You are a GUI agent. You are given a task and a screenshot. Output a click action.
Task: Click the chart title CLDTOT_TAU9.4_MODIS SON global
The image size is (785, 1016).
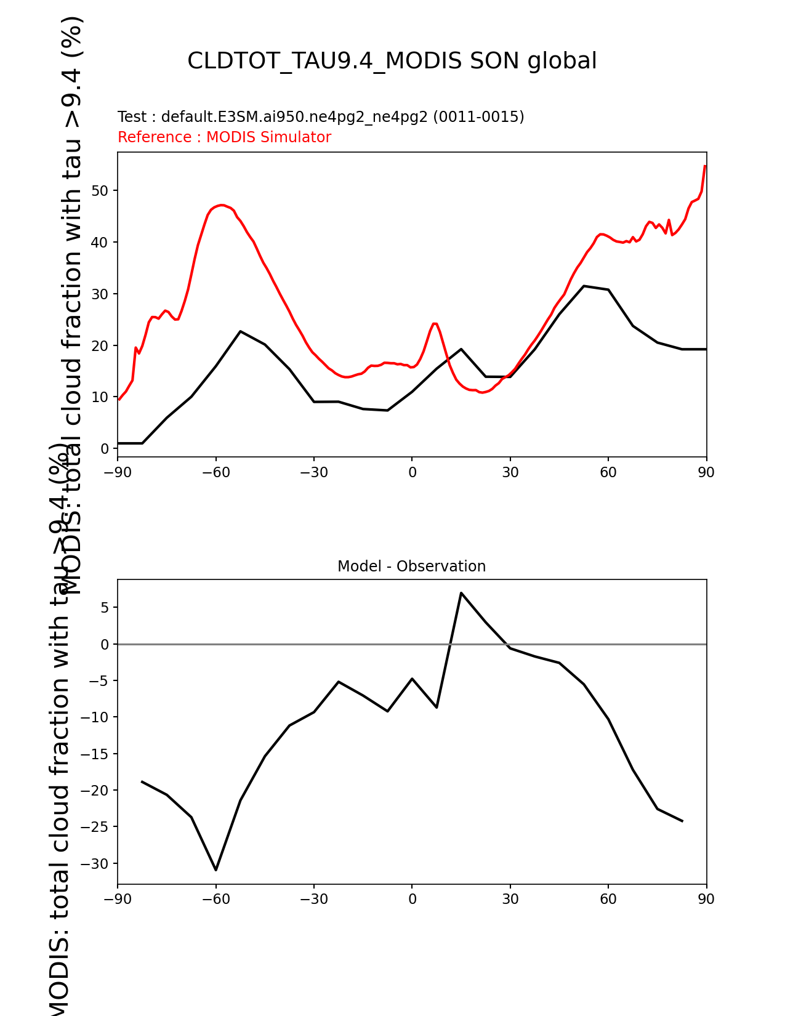(392, 61)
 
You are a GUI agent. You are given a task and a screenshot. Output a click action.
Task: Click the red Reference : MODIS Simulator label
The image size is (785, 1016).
(224, 137)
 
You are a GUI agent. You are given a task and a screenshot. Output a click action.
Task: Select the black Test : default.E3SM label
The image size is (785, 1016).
(320, 117)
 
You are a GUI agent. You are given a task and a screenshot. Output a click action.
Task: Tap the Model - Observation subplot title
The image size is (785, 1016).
(411, 566)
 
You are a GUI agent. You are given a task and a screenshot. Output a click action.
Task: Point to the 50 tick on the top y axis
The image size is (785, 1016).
(100, 190)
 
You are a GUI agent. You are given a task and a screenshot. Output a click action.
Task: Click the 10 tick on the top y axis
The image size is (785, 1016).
(100, 397)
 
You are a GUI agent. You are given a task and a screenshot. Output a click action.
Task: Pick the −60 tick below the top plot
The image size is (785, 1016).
(215, 472)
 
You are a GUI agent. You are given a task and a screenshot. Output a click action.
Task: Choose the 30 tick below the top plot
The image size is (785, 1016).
(510, 472)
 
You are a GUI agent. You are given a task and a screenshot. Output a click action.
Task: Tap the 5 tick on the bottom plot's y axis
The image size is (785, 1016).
(105, 608)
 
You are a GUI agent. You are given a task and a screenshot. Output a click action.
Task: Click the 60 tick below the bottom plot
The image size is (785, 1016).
(608, 899)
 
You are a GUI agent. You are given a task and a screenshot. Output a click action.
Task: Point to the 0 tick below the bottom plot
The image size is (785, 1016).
(412, 899)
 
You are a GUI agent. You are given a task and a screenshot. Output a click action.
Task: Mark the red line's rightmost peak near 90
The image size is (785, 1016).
(705, 166)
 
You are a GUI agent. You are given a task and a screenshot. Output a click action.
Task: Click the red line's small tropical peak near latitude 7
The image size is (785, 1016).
(435, 323)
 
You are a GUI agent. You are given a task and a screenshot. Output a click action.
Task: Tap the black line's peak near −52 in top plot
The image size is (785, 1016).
(240, 331)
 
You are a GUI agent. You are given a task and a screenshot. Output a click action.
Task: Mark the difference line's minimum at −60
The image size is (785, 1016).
(216, 869)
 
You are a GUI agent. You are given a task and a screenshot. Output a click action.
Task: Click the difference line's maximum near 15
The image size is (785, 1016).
(461, 593)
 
